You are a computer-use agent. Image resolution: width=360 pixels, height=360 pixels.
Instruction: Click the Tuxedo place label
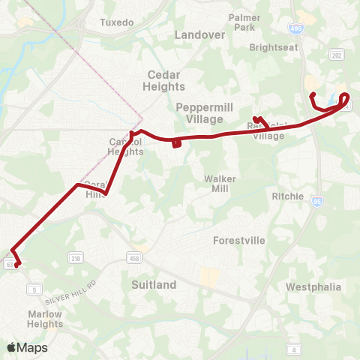pos(116,22)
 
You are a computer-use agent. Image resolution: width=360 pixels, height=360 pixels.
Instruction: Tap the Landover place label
pos(199,34)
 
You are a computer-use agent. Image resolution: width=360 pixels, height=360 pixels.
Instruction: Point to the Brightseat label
pos(274,46)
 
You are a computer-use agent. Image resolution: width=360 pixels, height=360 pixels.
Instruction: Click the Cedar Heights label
pos(165,80)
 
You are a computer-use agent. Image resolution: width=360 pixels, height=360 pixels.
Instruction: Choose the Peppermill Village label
pos(199,113)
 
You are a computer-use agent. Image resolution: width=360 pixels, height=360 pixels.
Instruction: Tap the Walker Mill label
pos(221,184)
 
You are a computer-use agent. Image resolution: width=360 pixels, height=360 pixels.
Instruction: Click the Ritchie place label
pos(289,196)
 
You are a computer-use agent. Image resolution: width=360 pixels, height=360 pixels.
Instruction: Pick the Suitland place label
pos(154,285)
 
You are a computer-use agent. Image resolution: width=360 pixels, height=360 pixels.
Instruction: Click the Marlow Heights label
pos(45,319)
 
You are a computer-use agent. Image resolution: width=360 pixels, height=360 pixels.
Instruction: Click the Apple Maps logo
pos(27,347)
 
